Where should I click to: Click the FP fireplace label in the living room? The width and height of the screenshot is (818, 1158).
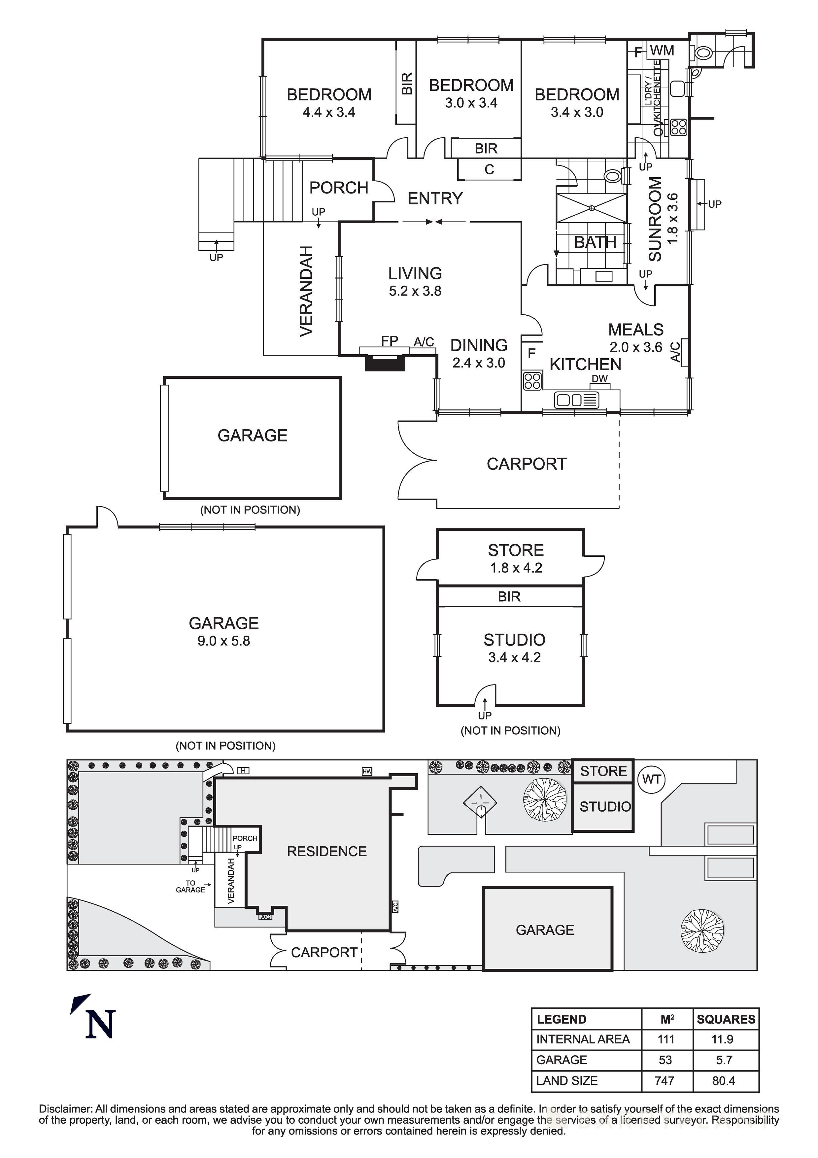tap(389, 341)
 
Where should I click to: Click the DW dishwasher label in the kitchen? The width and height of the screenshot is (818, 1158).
tap(599, 379)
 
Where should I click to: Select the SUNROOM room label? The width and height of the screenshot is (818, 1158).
tap(655, 219)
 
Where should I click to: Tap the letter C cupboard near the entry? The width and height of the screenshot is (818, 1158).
tap(489, 169)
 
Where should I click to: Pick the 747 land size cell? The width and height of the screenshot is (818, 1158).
tap(665, 1080)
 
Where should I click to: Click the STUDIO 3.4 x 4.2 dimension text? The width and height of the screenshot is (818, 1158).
tap(514, 658)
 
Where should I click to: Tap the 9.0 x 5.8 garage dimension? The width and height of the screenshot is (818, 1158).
tap(223, 641)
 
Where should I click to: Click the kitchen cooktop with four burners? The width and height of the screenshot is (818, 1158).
tap(532, 381)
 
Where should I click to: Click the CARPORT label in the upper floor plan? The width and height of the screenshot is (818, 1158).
tap(527, 464)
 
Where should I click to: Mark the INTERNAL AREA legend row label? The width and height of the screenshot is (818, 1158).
tap(583, 1039)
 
